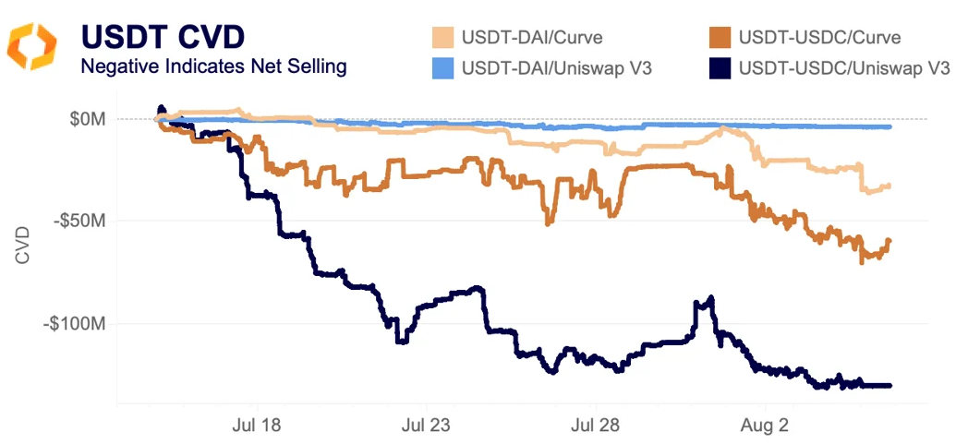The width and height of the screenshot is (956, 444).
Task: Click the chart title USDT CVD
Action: click(x=163, y=36)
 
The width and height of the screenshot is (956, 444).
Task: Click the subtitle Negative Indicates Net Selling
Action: click(x=213, y=67)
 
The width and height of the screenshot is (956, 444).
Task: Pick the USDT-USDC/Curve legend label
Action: click(x=819, y=38)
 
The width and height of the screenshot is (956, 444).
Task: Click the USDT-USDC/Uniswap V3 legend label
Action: click(x=845, y=66)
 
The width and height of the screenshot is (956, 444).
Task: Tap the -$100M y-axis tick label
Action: click(x=76, y=324)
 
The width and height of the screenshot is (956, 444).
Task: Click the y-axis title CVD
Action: click(x=23, y=245)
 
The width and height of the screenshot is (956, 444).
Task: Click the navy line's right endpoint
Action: click(x=890, y=386)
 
